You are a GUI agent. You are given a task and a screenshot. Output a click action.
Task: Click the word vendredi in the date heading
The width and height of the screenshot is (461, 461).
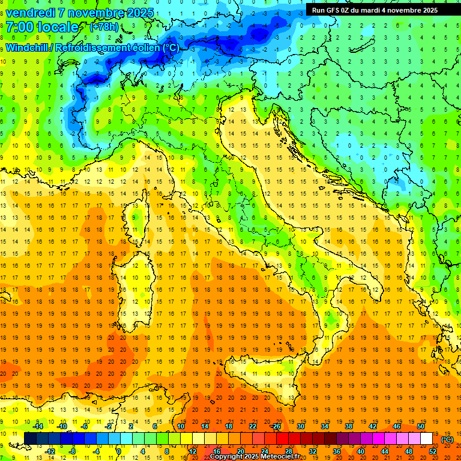point(31,13)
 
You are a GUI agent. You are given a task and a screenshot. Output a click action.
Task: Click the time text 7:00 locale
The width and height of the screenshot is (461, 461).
point(42,27)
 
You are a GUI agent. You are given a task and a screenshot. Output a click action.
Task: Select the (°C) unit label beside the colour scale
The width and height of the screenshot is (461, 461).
point(447,439)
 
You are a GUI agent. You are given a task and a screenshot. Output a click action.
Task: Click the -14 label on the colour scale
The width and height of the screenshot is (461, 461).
point(37,426)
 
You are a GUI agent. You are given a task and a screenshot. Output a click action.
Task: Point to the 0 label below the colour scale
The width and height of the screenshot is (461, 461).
point(119,451)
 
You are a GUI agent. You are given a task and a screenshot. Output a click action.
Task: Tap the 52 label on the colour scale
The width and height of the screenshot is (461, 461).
point(433,451)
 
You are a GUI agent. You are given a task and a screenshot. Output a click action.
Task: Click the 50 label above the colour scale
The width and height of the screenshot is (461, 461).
point(421,426)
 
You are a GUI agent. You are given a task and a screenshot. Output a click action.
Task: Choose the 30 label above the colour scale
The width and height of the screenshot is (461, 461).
point(301,426)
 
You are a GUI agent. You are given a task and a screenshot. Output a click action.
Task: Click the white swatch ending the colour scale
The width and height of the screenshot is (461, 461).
point(427,439)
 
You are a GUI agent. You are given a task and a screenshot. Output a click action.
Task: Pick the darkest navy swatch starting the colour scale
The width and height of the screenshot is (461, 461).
point(31,439)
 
